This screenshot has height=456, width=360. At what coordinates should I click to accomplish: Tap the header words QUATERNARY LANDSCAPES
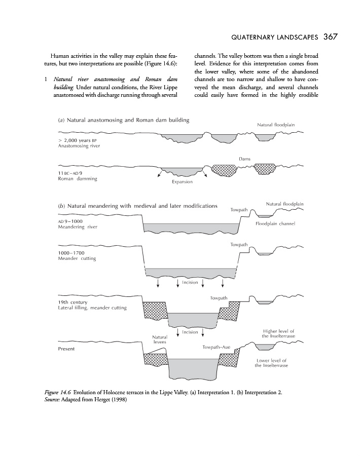(274, 37)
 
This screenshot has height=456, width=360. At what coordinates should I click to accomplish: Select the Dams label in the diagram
(244, 159)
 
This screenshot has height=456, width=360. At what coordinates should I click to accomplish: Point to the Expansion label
(182, 182)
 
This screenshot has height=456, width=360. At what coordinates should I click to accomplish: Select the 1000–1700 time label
(71, 252)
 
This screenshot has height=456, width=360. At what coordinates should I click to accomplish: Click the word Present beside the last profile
(66, 349)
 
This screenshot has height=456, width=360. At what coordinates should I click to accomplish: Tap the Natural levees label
(160, 339)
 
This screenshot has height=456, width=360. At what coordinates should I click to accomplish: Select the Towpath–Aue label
(216, 347)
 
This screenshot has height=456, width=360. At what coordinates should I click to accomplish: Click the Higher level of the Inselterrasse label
(278, 334)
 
